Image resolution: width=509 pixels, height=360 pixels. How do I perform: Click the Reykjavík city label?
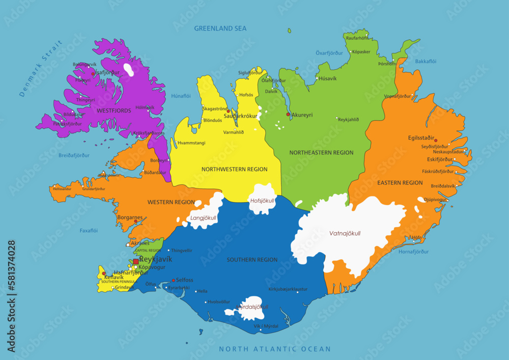coord(156,259)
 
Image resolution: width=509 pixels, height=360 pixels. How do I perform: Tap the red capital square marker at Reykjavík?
coord(135,262)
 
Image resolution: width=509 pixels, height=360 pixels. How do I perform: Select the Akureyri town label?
coord(302,115)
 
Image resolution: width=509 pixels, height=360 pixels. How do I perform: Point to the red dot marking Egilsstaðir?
coord(435,141)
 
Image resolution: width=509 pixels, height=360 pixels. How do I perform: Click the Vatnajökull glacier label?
coord(345,233)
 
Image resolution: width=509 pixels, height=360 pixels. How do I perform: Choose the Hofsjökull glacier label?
coord(262,201)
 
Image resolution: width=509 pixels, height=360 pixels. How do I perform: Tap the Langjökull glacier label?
coord(203,218)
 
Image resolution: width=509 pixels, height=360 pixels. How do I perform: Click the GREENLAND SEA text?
coord(220,29)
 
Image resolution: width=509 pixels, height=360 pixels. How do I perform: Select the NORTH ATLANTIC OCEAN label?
coord(274,349)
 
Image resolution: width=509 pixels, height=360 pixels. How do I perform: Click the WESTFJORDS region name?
coord(114,110)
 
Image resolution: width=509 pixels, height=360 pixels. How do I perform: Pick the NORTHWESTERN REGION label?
coord(234,169)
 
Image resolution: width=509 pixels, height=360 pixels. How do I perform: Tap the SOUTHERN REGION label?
coord(252,260)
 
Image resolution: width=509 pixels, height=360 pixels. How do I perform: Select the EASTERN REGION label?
coord(400,182)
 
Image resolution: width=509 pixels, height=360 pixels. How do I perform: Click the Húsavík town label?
coord(327,78)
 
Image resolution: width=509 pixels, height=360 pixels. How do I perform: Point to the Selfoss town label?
coord(184,280)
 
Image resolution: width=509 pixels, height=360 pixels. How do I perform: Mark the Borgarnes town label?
coord(130,217)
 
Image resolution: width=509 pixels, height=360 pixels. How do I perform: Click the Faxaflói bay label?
coord(89,231)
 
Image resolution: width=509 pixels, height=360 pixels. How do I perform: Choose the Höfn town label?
coord(416,237)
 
